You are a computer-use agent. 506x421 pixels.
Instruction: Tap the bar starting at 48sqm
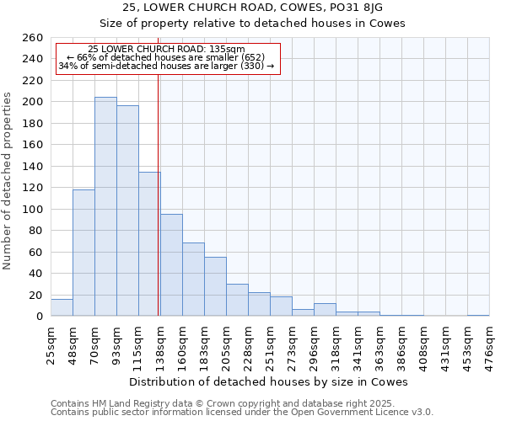tap(83, 253)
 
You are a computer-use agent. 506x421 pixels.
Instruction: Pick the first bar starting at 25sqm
tap(62, 307)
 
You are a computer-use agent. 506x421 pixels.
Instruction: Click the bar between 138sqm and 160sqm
tap(171, 265)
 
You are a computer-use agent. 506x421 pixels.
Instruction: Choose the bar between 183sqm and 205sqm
tap(215, 286)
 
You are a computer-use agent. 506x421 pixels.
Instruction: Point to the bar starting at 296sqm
tap(325, 310)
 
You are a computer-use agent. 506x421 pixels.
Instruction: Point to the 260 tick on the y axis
tap(33, 38)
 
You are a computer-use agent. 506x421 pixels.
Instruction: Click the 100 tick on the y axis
tap(33, 209)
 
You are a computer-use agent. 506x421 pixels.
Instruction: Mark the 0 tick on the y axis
tap(40, 317)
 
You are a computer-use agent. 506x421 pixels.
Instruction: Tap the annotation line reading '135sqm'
tap(166, 50)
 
